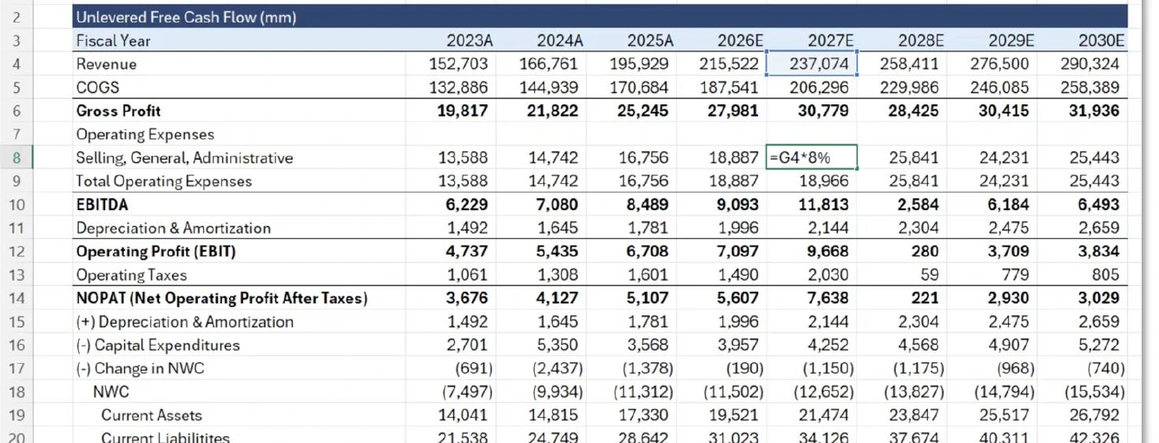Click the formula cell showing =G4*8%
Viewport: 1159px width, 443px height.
coord(811,157)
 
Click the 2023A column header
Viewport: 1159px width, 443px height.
coord(470,40)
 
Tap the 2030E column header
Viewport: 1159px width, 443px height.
coord(1101,40)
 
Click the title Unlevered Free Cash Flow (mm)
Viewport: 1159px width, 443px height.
coord(187,17)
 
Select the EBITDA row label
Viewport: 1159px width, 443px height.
coord(102,204)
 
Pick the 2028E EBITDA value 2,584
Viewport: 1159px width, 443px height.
coord(918,204)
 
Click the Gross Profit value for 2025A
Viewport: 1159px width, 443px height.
coord(642,111)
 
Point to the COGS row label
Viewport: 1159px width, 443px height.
coord(97,88)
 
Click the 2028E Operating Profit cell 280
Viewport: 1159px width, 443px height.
coord(925,251)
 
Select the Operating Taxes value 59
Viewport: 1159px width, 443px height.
coord(929,274)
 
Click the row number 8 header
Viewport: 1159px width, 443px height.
coord(16,157)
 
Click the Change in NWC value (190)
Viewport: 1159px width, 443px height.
coord(745,368)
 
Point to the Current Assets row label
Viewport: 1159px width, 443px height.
coord(151,415)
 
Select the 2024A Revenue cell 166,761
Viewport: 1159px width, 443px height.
coord(549,63)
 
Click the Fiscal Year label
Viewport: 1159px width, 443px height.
coord(113,40)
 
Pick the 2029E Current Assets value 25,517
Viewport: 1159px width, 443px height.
coord(1004,415)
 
